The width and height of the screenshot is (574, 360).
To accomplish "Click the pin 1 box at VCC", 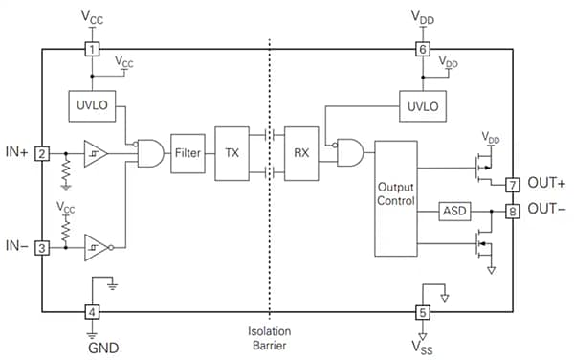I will [x=92, y=48].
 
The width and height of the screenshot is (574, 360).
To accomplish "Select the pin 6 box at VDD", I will [x=422, y=48].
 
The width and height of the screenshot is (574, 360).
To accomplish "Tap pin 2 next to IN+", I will [x=41, y=153].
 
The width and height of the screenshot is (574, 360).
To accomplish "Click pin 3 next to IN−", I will [x=41, y=248].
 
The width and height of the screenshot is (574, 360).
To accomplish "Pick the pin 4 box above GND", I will [x=92, y=311].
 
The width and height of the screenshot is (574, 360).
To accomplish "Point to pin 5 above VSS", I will [x=422, y=311].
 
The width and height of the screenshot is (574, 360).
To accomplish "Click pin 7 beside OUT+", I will [x=513, y=184].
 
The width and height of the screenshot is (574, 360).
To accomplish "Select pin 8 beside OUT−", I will [x=513, y=209].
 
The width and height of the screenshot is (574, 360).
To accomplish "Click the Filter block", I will [x=188, y=153].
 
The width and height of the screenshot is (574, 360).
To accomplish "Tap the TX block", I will [x=232, y=153].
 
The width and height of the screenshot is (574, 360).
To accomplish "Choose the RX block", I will [x=301, y=153].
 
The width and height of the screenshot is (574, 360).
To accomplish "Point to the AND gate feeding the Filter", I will [x=150, y=153].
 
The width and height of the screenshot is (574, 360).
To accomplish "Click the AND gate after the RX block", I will [x=348, y=153].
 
